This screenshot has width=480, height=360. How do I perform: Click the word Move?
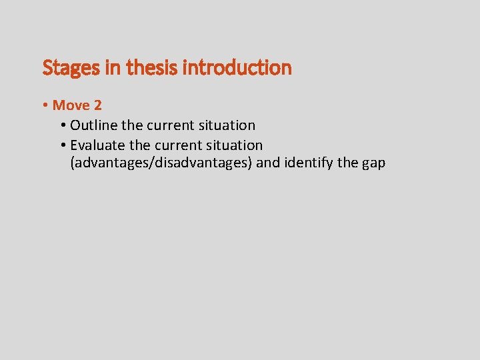pyautogui.click(x=71, y=105)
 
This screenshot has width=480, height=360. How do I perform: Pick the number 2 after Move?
pyautogui.click(x=97, y=105)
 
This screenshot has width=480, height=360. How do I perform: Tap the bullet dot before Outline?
pyautogui.click(x=63, y=125)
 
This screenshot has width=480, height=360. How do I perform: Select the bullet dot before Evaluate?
pyautogui.click(x=63, y=145)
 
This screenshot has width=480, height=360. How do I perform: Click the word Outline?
pyautogui.click(x=94, y=125)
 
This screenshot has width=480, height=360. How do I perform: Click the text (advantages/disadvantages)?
pyautogui.click(x=161, y=163)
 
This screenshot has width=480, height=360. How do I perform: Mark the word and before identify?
pyautogui.click(x=268, y=163)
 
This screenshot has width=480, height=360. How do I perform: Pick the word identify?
pyautogui.click(x=311, y=163)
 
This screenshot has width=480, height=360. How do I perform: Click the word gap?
pyautogui.click(x=374, y=164)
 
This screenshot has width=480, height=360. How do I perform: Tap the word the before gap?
pyautogui.click(x=350, y=163)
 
